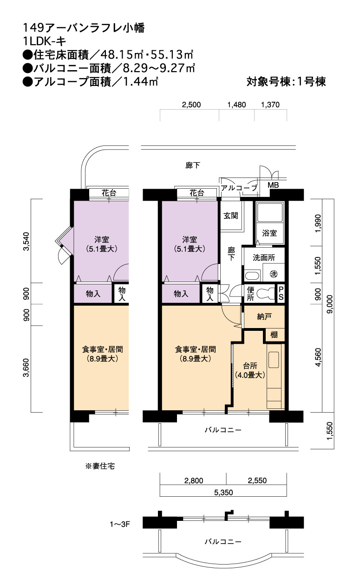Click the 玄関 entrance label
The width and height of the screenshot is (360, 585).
click(x=230, y=216)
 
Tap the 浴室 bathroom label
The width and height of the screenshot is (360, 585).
click(x=269, y=233)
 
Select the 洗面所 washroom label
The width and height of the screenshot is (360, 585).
click(x=264, y=257)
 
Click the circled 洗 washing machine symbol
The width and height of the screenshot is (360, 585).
click(x=273, y=274)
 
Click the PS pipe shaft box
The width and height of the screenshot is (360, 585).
click(x=281, y=294)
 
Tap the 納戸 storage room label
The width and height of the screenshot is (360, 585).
click(x=264, y=316)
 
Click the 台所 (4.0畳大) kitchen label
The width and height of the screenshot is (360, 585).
click(x=250, y=370)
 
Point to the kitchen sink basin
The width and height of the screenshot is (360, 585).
click(x=274, y=360)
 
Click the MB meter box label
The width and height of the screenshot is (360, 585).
click(x=273, y=185)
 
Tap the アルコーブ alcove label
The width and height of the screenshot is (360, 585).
click(x=239, y=188)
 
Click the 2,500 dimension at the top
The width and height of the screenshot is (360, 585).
click(x=191, y=105)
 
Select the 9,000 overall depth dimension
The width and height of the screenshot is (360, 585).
click(x=330, y=304)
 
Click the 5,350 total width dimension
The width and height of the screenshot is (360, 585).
click(x=223, y=493)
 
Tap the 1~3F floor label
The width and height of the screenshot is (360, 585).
click(x=119, y=524)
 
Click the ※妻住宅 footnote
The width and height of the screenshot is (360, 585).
click(x=100, y=466)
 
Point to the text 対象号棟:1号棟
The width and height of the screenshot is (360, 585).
click(x=286, y=82)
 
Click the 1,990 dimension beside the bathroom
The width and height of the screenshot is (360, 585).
click(x=318, y=223)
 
